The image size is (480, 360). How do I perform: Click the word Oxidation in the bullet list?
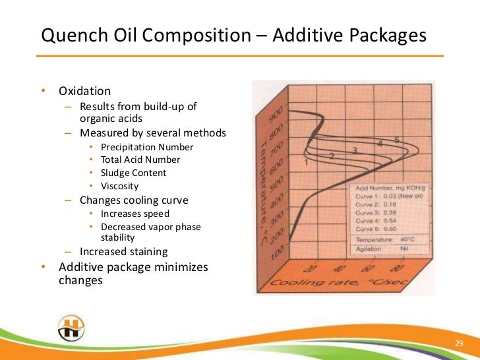pos(84,91)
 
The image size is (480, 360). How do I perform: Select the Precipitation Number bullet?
pos(147,146)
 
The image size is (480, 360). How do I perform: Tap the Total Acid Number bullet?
pos(140,160)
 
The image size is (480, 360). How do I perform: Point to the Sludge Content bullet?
pos(133,173)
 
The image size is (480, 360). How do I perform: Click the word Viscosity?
pos(119,186)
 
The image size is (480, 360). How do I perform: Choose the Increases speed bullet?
pos(135,214)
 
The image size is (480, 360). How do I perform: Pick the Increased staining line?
pos(123,251)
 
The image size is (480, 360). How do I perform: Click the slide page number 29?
pos(460,344)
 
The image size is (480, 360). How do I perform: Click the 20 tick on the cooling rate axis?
pos(309,268)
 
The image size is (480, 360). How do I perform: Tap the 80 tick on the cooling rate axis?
pos(396,268)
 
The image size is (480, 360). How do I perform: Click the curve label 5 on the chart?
pos(397,139)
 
